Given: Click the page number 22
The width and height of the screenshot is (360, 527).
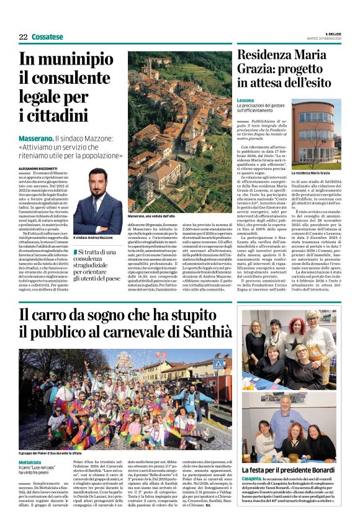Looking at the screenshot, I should click(23, 37).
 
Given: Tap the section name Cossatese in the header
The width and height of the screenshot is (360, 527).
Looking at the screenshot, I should click(47, 37).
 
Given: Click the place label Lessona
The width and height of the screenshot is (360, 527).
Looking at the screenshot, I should click(246, 101).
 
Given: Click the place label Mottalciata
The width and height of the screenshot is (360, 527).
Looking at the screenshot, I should click(33, 462).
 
